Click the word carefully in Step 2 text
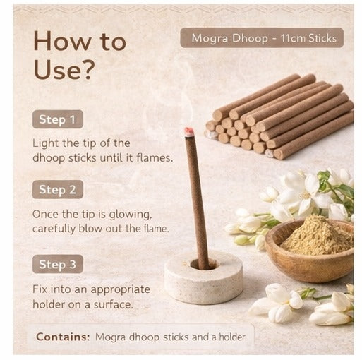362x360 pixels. [59, 228]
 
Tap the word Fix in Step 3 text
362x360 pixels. [41, 289]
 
